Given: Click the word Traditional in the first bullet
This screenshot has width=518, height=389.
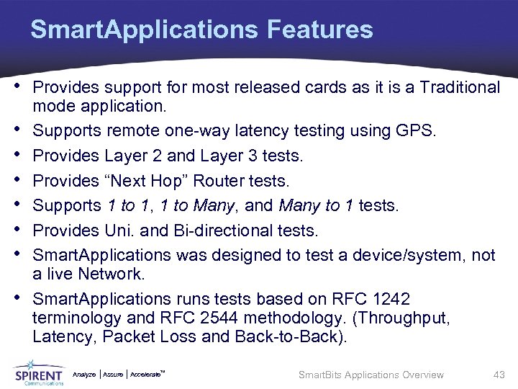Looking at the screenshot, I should tap(459, 88).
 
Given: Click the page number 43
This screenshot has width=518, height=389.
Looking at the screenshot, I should tap(499, 375).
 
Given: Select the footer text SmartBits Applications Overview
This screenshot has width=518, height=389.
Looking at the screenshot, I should tap(371, 375).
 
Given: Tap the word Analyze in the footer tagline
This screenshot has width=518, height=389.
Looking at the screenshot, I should tap(84, 374).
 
